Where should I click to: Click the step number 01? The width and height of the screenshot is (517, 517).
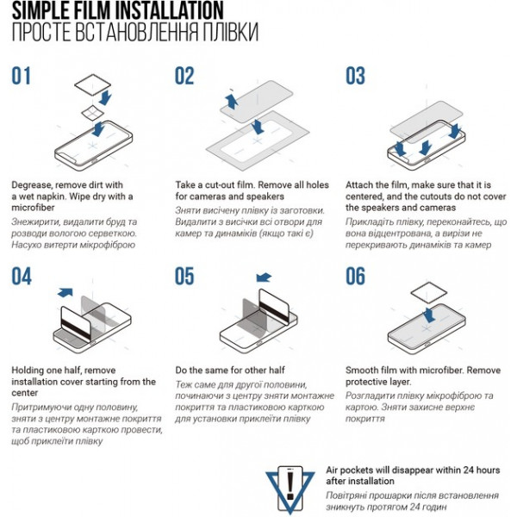[x=21, y=76]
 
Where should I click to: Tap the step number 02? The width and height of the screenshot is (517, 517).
[x=184, y=76]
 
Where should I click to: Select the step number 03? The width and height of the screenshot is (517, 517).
[x=355, y=76]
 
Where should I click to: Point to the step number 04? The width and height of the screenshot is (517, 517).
[x=22, y=276]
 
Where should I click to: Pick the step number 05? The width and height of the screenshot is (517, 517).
[x=184, y=276]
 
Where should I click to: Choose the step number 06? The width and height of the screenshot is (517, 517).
[x=355, y=276]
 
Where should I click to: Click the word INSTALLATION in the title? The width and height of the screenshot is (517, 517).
[x=169, y=9]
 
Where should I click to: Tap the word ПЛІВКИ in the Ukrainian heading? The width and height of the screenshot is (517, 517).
[x=230, y=33]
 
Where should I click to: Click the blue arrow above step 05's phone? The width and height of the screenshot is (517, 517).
[x=264, y=277]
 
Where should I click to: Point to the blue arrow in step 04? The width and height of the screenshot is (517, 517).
[x=65, y=292]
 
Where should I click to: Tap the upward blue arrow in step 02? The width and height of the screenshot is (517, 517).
[x=232, y=101]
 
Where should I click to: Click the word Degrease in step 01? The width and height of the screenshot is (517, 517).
[x=32, y=185]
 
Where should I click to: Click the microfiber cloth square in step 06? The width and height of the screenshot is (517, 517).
[x=428, y=293]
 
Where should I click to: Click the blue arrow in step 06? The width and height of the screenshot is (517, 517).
[x=429, y=315]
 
